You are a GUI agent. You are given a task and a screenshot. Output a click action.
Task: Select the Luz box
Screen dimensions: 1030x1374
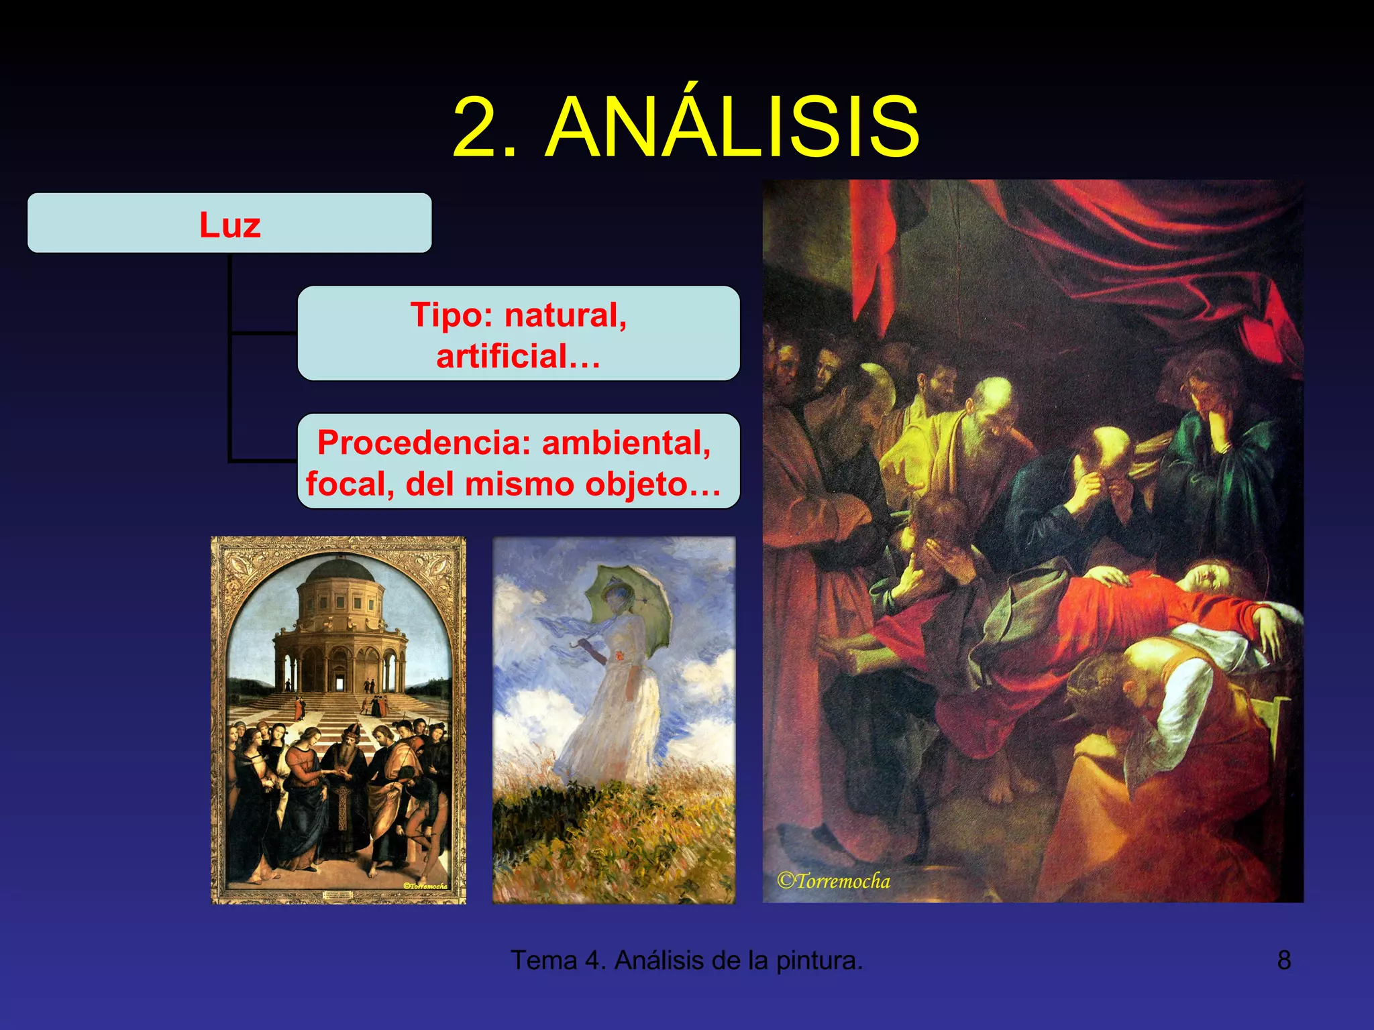click(229, 223)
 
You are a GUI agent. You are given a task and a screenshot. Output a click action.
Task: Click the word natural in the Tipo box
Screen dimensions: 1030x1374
click(566, 314)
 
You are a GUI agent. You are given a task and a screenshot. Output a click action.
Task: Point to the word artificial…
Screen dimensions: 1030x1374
click(518, 356)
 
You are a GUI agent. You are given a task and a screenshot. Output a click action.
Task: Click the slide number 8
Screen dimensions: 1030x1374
click(1283, 960)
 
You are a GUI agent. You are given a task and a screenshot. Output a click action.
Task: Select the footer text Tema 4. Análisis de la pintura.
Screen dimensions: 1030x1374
click(686, 960)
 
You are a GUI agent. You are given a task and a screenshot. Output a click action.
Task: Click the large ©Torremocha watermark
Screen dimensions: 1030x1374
click(833, 881)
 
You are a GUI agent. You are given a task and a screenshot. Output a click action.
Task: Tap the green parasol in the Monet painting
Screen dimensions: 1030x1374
click(627, 597)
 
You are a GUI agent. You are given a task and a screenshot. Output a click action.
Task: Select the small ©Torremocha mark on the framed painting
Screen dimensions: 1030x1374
click(425, 886)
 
